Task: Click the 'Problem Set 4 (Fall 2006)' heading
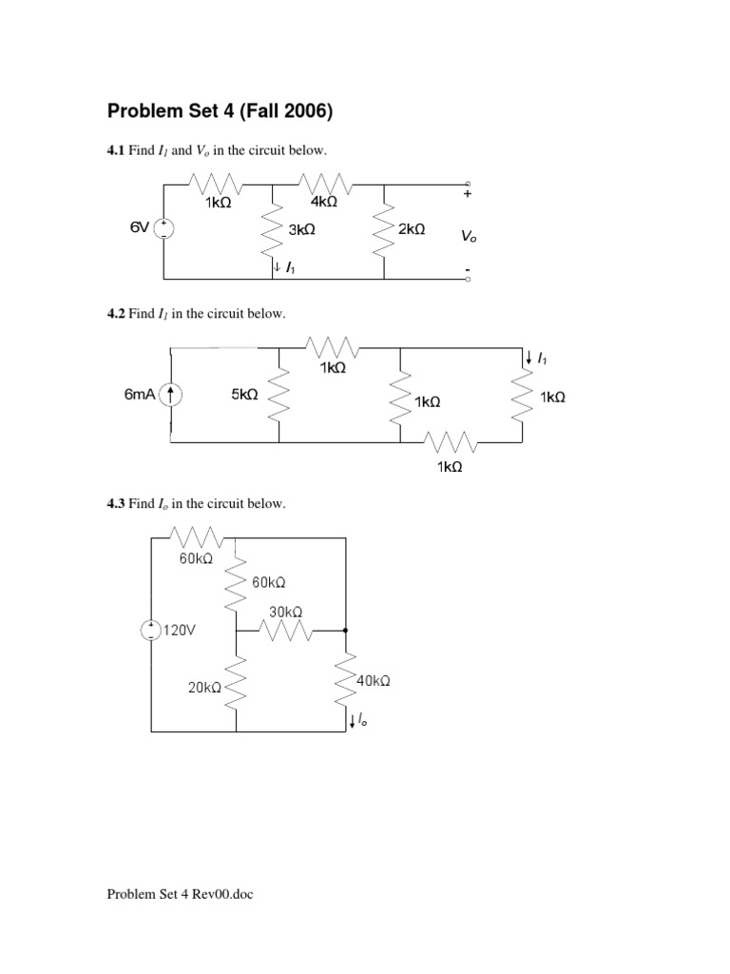(221, 112)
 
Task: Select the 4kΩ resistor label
(323, 202)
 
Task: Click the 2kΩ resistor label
(412, 230)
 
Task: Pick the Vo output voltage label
(470, 237)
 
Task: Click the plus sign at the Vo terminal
(467, 194)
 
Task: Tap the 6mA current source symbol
(172, 395)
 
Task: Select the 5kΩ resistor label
(244, 394)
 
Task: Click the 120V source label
(179, 630)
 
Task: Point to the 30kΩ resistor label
(286, 612)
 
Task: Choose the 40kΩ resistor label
(374, 681)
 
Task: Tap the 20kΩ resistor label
(204, 688)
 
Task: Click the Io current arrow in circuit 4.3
(353, 722)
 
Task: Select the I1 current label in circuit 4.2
(542, 359)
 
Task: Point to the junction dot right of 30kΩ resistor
(345, 630)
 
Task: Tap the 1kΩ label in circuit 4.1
(218, 203)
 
